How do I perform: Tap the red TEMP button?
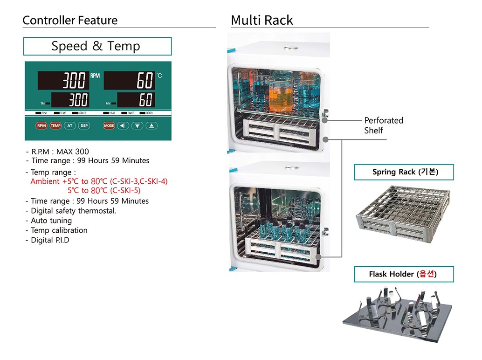(x=55, y=125)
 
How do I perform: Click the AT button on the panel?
(x=70, y=125)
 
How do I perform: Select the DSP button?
(x=84, y=125)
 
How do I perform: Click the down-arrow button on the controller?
(x=137, y=125)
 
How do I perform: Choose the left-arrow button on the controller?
(x=123, y=125)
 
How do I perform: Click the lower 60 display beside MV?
(x=136, y=99)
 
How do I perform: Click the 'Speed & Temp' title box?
(x=97, y=46)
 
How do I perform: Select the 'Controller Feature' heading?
(x=70, y=21)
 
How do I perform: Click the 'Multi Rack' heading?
(x=262, y=21)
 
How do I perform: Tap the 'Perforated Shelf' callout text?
(x=383, y=125)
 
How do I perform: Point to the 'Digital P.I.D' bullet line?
(x=50, y=240)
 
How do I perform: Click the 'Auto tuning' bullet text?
(x=51, y=221)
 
